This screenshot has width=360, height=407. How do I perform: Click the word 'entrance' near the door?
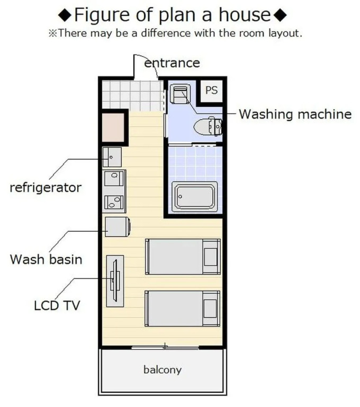tap(172, 63)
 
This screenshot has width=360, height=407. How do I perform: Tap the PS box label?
tap(211, 90)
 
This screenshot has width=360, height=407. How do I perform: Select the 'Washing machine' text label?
tap(295, 114)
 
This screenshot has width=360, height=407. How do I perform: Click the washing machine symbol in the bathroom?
tap(180, 94)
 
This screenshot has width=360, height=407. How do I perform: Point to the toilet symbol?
tap(208, 127)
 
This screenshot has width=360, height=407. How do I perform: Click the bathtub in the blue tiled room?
tap(194, 197)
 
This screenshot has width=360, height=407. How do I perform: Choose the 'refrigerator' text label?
tap(46, 188)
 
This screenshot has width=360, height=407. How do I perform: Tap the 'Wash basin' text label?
tap(46, 259)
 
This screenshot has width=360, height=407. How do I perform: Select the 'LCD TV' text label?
tap(57, 305)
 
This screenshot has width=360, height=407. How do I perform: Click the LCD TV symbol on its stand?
tap(115, 281)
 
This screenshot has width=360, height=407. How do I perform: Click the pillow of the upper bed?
tap(211, 256)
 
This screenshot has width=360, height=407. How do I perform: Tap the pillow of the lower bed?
tap(210, 308)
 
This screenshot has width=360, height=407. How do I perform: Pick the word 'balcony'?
tap(163, 369)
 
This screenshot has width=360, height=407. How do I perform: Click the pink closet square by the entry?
tap(113, 127)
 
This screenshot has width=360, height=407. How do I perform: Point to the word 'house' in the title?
tap(245, 14)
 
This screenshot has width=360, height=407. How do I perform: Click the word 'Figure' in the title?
tap(103, 15)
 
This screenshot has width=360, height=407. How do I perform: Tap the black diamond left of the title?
tap(65, 15)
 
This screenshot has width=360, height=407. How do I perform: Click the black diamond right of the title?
tap(281, 15)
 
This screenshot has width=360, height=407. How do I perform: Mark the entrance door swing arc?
tap(150, 61)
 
